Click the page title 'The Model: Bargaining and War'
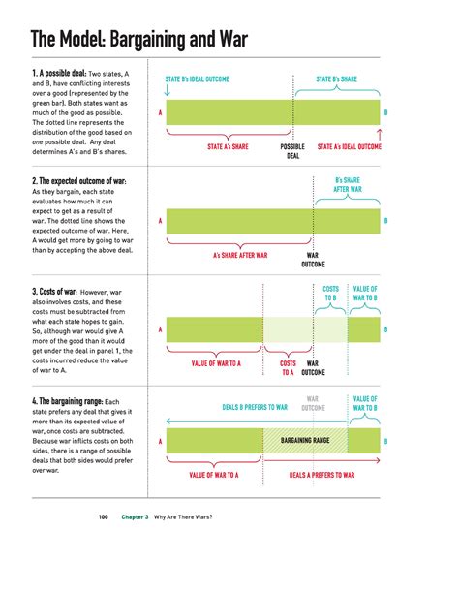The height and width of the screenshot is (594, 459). pos(139,40)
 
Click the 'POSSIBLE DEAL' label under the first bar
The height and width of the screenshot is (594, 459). pos(292,150)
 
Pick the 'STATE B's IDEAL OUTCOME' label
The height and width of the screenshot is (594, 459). pos(197,78)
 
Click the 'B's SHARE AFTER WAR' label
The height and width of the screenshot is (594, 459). pos(350,184)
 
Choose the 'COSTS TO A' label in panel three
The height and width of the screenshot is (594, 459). pos(288,367)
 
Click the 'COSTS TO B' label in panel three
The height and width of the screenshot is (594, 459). pos(331,294)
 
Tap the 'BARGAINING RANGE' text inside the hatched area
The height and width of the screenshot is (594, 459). pos(305,441)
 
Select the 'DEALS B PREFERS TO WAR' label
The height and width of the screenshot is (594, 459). pos(255,407)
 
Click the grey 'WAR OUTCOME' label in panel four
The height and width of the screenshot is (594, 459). pos(316,402)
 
